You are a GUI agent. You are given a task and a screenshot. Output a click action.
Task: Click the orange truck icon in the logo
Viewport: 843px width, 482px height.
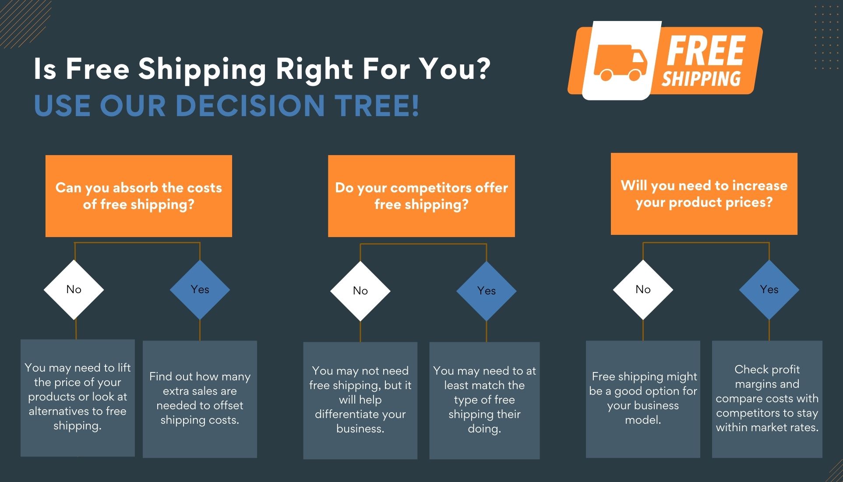[620, 63]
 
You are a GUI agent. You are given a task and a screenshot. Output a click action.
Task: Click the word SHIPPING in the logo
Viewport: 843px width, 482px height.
[701, 79]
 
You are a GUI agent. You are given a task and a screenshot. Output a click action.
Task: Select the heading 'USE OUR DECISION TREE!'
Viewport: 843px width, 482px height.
[226, 106]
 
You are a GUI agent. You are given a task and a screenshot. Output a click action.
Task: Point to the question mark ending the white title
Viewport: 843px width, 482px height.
[481, 69]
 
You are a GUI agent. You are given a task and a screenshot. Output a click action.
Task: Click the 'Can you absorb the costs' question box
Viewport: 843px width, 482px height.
[139, 196]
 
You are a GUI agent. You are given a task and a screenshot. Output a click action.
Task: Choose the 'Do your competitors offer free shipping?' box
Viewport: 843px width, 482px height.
[421, 196]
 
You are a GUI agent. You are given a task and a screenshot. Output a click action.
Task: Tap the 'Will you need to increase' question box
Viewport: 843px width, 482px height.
[704, 194]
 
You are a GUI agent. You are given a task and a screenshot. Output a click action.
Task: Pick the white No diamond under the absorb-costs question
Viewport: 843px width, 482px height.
[74, 289]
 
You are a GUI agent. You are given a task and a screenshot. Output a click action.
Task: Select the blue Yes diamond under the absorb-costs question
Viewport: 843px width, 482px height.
[200, 289]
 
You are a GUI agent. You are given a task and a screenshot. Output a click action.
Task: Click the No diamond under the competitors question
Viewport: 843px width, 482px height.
[360, 291]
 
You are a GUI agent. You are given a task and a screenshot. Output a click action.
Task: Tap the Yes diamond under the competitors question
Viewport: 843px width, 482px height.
[486, 291]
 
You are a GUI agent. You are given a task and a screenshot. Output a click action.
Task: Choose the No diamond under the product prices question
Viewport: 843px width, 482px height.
[643, 289]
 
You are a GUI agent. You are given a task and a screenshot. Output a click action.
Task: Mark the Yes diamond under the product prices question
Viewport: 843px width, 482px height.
[769, 289]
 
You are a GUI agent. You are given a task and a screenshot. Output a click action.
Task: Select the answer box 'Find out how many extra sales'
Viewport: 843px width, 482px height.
[200, 399]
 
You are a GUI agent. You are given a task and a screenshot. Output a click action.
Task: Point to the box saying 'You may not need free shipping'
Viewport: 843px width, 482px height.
[360, 400]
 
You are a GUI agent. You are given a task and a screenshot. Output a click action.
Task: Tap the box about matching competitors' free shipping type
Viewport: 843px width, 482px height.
[484, 400]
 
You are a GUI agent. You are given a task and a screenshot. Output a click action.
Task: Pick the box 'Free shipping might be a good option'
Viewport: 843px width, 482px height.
[643, 399]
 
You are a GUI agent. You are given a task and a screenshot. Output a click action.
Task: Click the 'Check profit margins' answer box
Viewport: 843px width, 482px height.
[767, 399]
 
